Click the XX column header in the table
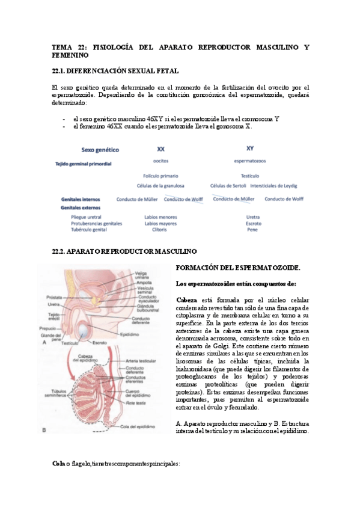pyautogui.click(x=160, y=149)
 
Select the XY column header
pyautogui.click(x=250, y=148)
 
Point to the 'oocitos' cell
pyautogui.click(x=160, y=161)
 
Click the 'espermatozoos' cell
pyautogui.click(x=251, y=161)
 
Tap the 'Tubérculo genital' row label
pyautogui.click(x=89, y=230)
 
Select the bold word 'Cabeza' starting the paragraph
pyautogui.click(x=186, y=300)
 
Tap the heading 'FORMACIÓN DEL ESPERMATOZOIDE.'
pyautogui.click(x=238, y=268)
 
